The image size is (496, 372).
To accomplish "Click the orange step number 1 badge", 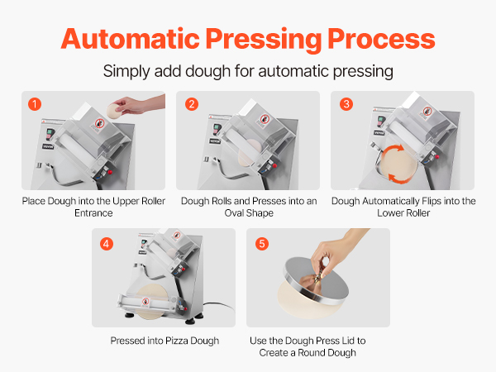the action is point(35,104).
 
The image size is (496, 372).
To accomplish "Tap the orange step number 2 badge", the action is point(192,104).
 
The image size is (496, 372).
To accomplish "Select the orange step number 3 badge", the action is point(346,104).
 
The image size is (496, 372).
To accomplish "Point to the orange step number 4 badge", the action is point(107,244).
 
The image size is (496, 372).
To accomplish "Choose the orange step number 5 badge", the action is point(262,244).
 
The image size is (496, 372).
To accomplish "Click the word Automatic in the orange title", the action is point(131,39).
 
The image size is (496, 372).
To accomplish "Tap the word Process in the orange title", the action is point(381,39).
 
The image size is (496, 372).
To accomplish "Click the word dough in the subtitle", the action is point(207,71).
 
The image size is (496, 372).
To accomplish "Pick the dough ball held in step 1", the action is point(114,111).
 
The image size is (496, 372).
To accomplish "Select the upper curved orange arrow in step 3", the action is point(393,150).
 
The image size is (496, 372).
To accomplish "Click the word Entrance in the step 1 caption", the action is point(93,213).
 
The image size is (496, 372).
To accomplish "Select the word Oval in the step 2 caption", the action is point(234,213).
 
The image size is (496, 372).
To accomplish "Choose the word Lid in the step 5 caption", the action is point(348,341).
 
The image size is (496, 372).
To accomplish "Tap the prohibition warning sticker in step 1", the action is point(99,124).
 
